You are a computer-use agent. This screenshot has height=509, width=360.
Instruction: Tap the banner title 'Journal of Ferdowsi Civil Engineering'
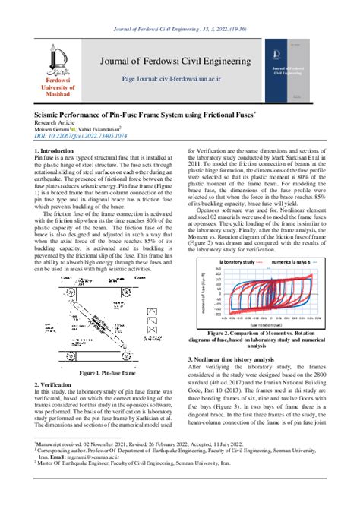coord(183,62)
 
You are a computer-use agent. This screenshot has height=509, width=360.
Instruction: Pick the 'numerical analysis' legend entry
coord(283,261)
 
